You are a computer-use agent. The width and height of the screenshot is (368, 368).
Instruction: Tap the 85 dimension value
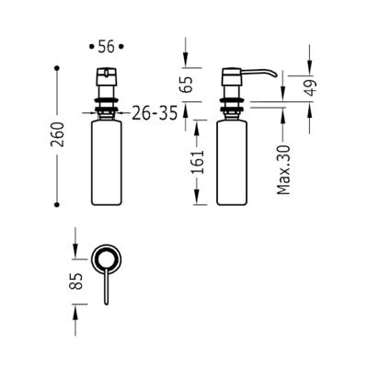pos(77,281)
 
